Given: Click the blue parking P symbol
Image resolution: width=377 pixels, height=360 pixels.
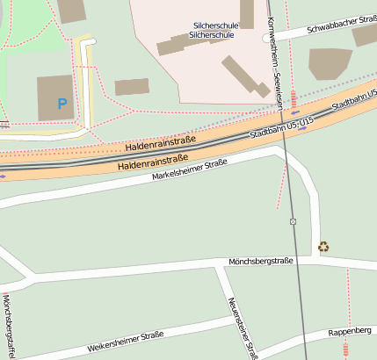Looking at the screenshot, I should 62,104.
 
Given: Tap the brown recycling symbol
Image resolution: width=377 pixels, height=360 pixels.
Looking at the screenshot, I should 323,248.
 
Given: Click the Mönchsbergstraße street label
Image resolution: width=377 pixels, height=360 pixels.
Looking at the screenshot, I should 260,262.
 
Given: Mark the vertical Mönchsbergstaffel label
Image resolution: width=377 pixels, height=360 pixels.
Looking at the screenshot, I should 7,327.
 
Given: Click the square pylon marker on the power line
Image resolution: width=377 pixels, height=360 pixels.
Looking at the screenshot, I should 293,221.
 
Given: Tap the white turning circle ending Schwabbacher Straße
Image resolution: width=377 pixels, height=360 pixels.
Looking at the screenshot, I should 266,39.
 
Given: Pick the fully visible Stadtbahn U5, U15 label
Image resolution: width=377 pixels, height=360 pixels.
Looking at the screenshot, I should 281,128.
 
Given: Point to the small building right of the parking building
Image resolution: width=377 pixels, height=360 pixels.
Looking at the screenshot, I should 132,87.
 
